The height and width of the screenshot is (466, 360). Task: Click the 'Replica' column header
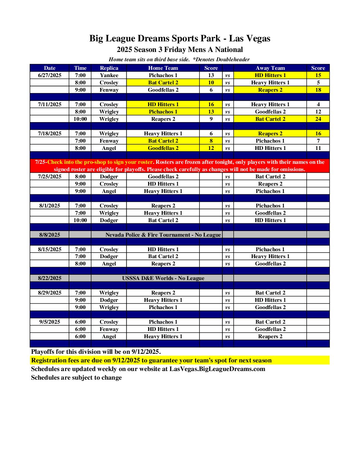[x=109, y=68]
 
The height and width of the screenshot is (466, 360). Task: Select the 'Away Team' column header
[x=270, y=68]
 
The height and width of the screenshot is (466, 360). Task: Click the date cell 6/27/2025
[x=50, y=75]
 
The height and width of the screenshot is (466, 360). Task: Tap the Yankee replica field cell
[x=109, y=75]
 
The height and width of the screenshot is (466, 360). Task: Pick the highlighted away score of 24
[x=318, y=119]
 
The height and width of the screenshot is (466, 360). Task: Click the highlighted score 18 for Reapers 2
[x=318, y=90]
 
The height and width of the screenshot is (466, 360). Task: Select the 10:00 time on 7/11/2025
[x=80, y=119]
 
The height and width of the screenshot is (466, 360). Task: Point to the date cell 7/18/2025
[x=50, y=133]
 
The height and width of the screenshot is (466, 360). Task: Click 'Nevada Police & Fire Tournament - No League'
[x=163, y=235]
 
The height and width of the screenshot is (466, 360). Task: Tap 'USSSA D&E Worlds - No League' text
[x=163, y=278]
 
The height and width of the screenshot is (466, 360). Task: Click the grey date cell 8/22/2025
[x=50, y=278]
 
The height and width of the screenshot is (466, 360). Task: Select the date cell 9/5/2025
[x=50, y=322]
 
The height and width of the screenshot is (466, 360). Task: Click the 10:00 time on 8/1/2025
[x=80, y=220]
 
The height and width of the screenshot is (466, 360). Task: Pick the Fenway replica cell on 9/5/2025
[x=109, y=329]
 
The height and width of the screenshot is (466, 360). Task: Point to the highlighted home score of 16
[x=211, y=104]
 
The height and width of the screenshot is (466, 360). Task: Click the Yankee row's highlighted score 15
[x=318, y=75]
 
